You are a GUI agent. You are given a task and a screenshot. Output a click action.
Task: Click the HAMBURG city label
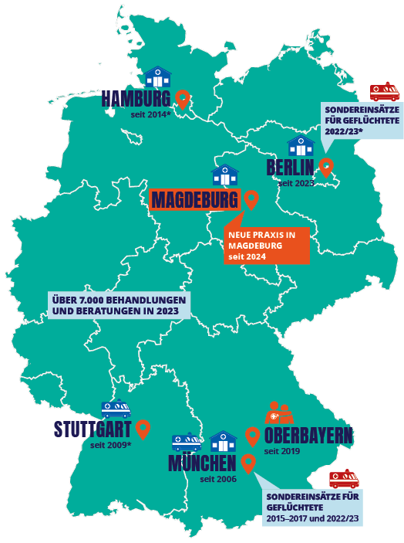coord(136,99)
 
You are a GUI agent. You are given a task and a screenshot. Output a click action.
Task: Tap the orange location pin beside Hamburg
coord(183,98)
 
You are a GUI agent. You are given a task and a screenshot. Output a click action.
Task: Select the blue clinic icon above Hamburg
coord(158,77)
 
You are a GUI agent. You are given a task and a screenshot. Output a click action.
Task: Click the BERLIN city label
coord(291,168)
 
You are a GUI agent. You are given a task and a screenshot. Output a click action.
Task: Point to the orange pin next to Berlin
coord(326,167)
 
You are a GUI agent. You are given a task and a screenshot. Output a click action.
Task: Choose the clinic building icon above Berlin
coord(301,145)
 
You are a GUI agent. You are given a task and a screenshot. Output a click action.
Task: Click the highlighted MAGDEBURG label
coord(194,201)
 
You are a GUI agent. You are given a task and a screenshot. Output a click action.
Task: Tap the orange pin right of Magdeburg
coord(251,200)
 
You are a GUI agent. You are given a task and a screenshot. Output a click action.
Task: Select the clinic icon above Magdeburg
coord(225,175)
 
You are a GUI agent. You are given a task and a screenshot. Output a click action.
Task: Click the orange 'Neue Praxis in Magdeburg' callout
coord(267,245)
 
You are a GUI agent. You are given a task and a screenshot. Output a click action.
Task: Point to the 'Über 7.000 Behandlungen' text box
coord(119,306)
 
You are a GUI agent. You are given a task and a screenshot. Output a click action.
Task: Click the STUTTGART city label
coord(93,429)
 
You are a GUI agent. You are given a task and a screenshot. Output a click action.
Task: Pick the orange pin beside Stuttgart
coord(143,429)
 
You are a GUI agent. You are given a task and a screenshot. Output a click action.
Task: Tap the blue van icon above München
coord(187,442)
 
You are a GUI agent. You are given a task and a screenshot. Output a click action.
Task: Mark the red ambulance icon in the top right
coord(385,93)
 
